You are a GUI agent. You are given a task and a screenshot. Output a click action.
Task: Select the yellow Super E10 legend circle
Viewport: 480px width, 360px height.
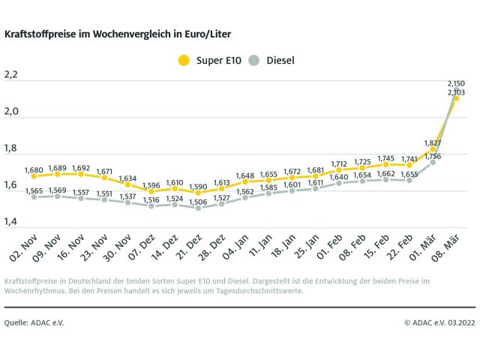tap(184, 59)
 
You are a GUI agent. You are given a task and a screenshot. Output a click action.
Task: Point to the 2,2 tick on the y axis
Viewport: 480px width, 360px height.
tap(11, 75)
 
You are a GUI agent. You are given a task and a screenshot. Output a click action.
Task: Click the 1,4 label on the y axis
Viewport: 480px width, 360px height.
tap(11, 221)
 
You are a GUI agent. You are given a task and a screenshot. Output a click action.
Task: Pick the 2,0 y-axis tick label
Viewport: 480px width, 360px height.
tap(11, 112)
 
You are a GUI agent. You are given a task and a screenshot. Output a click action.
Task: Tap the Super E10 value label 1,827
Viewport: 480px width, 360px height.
tap(433, 142)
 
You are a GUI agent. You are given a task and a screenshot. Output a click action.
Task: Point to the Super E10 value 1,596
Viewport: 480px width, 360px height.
tap(151, 185)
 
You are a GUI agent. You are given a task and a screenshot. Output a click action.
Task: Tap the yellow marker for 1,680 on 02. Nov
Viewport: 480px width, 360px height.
tap(34, 176)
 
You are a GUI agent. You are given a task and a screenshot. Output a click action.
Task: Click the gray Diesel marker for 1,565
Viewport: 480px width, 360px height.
tap(34, 197)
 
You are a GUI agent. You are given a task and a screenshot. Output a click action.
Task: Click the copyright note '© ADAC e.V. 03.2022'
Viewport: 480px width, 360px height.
tap(439, 322)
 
